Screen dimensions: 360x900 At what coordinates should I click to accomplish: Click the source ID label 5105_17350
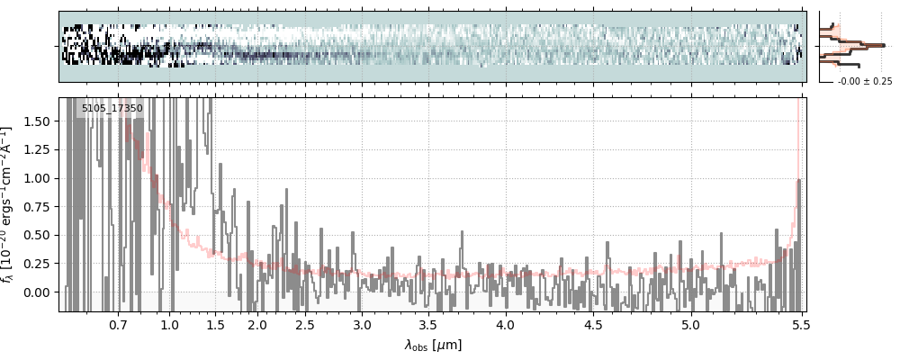[x=112, y=109]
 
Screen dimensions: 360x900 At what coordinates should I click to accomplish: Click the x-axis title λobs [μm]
[x=433, y=345]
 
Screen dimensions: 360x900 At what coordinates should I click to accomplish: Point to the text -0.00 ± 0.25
[x=864, y=82]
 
